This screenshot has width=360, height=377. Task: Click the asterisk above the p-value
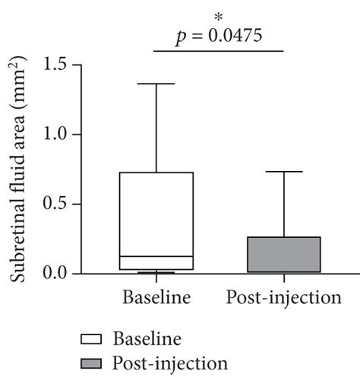pos(219,17)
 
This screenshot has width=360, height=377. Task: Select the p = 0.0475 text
pos(219,36)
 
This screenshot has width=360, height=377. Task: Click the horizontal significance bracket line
pos(219,51)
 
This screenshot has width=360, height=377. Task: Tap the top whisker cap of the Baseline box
pos(156,84)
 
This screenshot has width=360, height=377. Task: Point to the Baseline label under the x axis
pos(156,297)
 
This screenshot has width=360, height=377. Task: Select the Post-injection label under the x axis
pos(283,297)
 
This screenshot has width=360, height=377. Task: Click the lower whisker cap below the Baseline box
pos(156,272)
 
